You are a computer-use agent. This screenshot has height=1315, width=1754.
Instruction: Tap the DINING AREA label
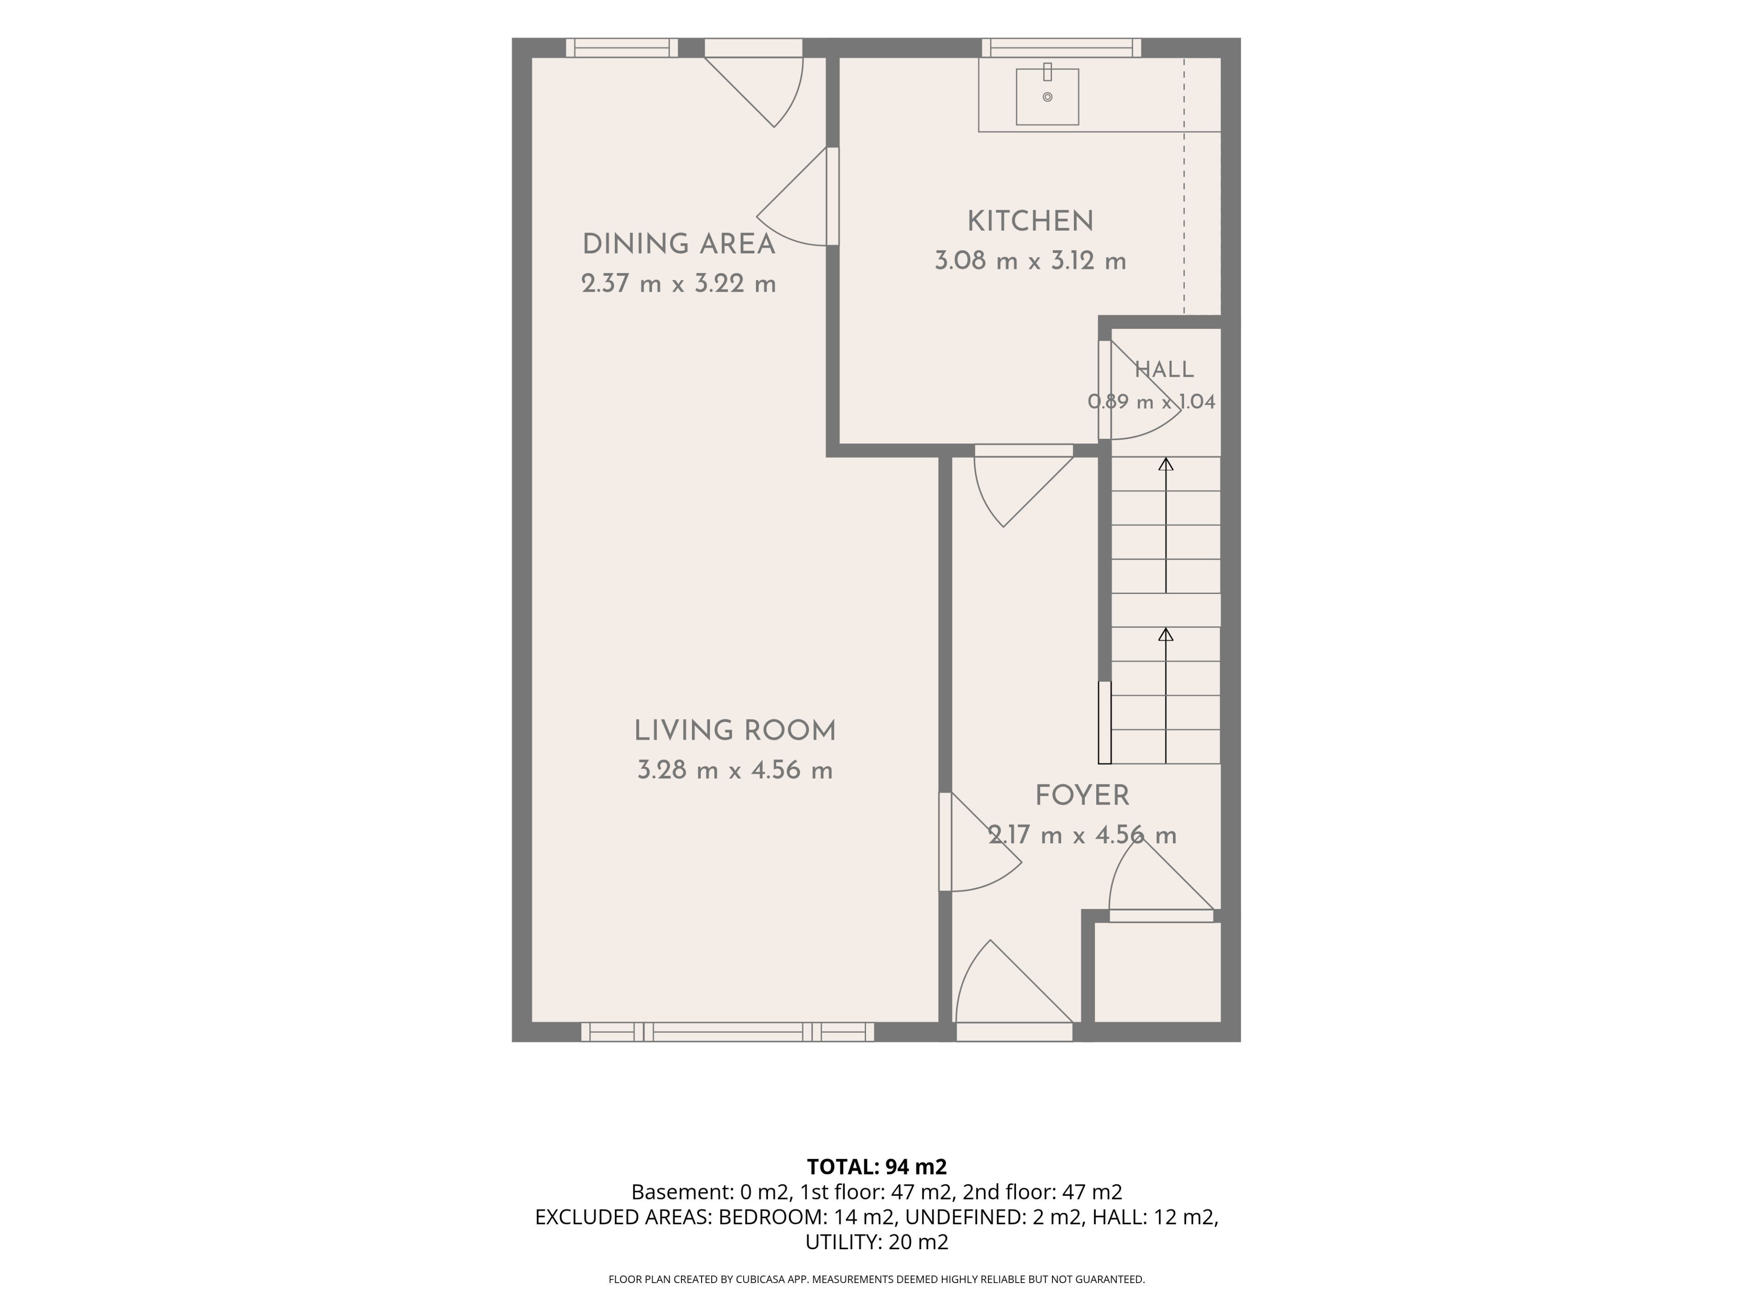[x=679, y=244]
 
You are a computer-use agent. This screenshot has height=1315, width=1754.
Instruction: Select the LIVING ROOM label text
[x=735, y=731]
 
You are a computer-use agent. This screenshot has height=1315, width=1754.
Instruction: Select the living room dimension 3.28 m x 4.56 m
[x=735, y=770]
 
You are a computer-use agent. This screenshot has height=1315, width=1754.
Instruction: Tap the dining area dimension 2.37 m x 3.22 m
[x=679, y=284]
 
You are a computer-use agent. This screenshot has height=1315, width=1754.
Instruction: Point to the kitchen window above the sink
[x=1062, y=47]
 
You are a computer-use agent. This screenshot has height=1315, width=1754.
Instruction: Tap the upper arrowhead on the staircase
[x=1166, y=464]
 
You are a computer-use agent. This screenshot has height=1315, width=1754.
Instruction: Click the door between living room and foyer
[x=980, y=842]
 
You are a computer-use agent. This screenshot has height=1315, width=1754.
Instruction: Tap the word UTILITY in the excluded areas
[x=843, y=1242]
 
